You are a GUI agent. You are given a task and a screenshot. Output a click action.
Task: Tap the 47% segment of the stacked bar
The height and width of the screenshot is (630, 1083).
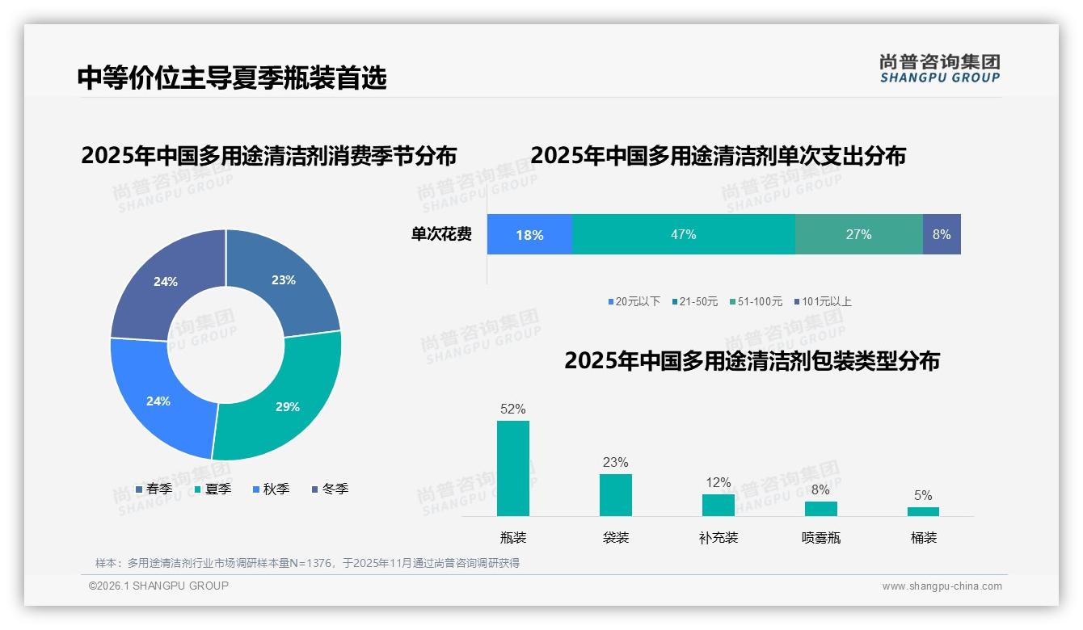(x=683, y=234)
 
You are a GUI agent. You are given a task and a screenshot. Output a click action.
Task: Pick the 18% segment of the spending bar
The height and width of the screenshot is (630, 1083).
(x=529, y=234)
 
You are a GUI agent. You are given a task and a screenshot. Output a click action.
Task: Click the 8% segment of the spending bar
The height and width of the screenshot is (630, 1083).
(x=942, y=234)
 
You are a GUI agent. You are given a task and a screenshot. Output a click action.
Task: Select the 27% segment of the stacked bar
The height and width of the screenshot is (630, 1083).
(x=858, y=234)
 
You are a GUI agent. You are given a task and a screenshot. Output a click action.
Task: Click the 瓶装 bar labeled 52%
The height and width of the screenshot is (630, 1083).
(x=512, y=468)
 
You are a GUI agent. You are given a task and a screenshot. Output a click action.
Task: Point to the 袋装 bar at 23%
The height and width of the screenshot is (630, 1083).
(x=615, y=494)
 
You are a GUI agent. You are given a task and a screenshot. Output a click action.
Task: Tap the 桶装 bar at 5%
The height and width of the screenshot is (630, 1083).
(x=923, y=511)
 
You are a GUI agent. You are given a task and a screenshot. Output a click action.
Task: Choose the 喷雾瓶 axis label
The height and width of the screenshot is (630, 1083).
(x=820, y=537)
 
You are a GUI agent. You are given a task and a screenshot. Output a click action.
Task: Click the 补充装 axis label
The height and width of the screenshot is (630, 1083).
(x=718, y=537)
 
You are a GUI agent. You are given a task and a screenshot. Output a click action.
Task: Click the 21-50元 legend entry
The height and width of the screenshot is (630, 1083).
(x=694, y=301)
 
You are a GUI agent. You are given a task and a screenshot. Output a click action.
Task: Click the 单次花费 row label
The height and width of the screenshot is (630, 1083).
(x=441, y=234)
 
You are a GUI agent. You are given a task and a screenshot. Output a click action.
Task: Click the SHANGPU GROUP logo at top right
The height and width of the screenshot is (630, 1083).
(x=939, y=68)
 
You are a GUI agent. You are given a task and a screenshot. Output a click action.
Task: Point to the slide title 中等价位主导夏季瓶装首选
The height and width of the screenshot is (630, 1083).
(x=232, y=78)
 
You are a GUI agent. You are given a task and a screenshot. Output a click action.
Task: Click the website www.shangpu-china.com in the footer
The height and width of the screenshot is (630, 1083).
(x=942, y=586)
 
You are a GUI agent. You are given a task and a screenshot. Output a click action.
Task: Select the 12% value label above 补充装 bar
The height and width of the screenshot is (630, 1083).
(x=718, y=482)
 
